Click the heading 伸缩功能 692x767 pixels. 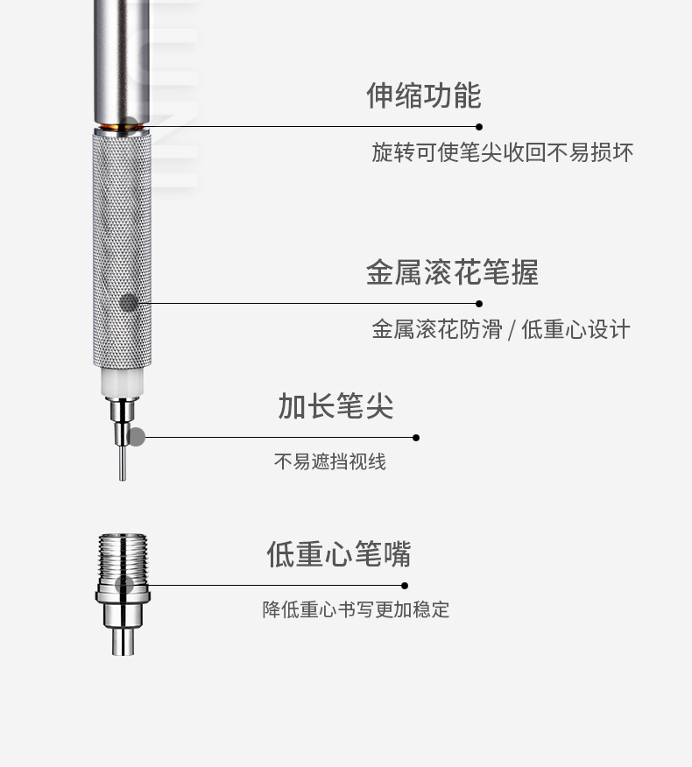(x=423, y=95)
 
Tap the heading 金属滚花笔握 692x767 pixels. (x=452, y=272)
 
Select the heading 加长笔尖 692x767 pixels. (x=335, y=406)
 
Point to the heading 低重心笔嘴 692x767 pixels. (x=338, y=554)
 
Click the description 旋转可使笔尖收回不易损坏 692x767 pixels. (x=502, y=152)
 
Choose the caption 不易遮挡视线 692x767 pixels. (x=329, y=461)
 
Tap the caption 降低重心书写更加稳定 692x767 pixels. (x=356, y=609)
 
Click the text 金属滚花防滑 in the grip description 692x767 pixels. (x=436, y=329)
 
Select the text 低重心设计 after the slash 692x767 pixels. (x=575, y=329)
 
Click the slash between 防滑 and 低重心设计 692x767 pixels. (x=512, y=330)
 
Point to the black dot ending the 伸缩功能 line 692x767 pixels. (x=478, y=127)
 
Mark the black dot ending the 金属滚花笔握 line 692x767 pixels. (x=478, y=304)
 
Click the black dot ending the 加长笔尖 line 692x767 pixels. (x=415, y=437)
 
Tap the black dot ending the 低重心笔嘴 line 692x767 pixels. (x=405, y=585)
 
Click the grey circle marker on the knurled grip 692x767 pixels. (x=129, y=303)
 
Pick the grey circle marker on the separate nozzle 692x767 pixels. (x=124, y=585)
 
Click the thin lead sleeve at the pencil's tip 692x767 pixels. (x=123, y=461)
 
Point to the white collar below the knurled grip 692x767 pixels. (x=122, y=382)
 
